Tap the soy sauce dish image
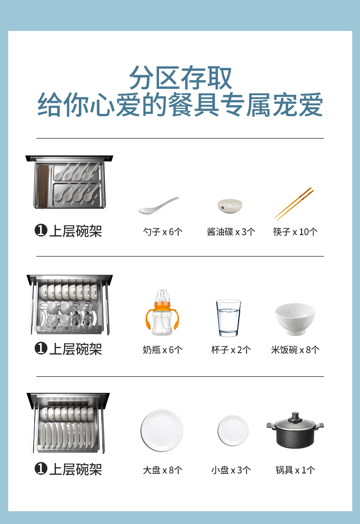[230, 206]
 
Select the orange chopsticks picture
[294, 204]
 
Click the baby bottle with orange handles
[162, 313]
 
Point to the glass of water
[228, 318]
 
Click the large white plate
[162, 431]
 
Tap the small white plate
[233, 431]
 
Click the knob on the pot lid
[295, 416]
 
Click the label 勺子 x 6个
[162, 231]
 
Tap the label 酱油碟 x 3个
[231, 231]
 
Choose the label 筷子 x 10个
[295, 231]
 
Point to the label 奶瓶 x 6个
[162, 350]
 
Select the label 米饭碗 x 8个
[295, 350]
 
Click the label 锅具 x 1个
[295, 470]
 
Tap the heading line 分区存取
[180, 78]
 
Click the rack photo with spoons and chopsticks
[69, 182]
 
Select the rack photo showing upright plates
[68, 423]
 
